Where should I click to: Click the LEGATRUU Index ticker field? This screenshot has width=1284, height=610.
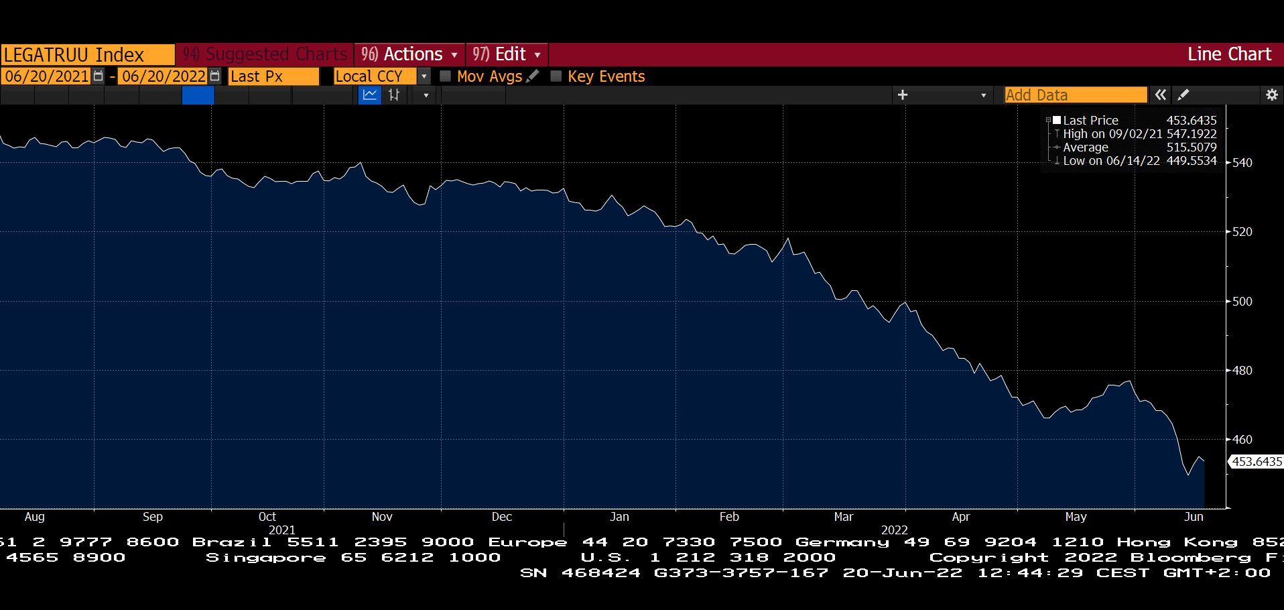(87, 54)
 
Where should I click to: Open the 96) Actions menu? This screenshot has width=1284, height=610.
(409, 54)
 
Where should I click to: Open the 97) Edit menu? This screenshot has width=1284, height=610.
(506, 54)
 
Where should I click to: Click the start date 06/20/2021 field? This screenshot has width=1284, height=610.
(47, 76)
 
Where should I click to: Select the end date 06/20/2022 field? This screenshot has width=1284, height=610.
(164, 76)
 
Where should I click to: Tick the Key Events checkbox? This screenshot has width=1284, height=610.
(556, 76)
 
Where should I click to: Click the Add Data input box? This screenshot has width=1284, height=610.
(1075, 95)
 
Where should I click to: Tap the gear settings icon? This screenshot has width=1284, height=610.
(1271, 95)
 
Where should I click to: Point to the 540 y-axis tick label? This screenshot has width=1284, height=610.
(1242, 163)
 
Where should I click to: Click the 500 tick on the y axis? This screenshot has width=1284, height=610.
(1242, 302)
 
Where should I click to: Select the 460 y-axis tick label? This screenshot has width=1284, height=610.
(1242, 440)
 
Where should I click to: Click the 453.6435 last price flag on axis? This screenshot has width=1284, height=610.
(1257, 462)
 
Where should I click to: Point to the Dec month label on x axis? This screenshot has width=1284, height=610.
(501, 517)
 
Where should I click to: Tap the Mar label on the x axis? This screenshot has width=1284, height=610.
(843, 517)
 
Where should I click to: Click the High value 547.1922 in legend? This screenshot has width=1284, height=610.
(1191, 134)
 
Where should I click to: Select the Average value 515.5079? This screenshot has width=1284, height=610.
(1191, 147)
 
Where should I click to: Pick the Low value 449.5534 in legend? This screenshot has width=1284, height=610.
(1191, 161)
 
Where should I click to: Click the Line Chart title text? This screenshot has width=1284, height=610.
(1229, 54)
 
